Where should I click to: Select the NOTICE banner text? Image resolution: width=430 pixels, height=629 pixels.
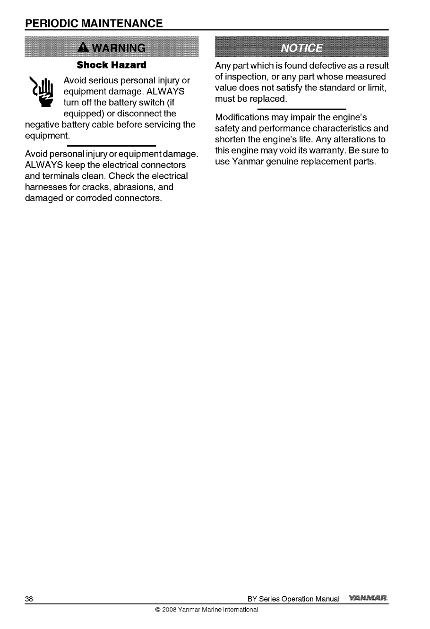302,48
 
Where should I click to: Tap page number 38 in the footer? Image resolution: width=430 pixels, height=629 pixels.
29,599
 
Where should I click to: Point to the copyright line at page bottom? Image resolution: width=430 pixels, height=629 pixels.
206,610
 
